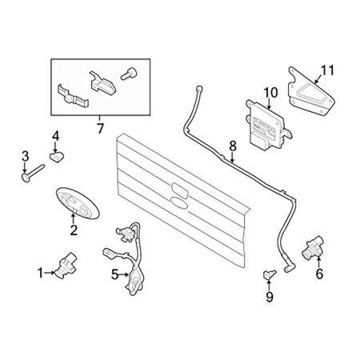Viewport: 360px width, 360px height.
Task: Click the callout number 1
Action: (x=40, y=273)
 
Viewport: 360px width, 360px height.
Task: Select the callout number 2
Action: (x=74, y=230)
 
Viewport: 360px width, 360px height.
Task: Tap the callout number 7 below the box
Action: (x=100, y=129)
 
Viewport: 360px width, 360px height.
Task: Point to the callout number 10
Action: (x=270, y=93)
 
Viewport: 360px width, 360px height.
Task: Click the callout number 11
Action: (x=327, y=70)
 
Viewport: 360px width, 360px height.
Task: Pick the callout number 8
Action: (x=233, y=146)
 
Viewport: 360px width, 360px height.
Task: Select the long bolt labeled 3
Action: (x=33, y=174)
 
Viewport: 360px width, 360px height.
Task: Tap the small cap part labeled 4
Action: (x=58, y=156)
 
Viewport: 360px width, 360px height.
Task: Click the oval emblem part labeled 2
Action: (x=78, y=203)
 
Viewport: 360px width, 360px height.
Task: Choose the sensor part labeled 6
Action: (x=312, y=247)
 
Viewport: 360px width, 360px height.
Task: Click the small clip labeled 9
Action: (x=270, y=274)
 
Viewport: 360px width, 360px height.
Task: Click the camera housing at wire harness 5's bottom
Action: (x=135, y=282)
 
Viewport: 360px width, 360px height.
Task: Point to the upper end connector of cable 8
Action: (x=199, y=88)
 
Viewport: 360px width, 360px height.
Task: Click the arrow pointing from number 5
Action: (x=124, y=274)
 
